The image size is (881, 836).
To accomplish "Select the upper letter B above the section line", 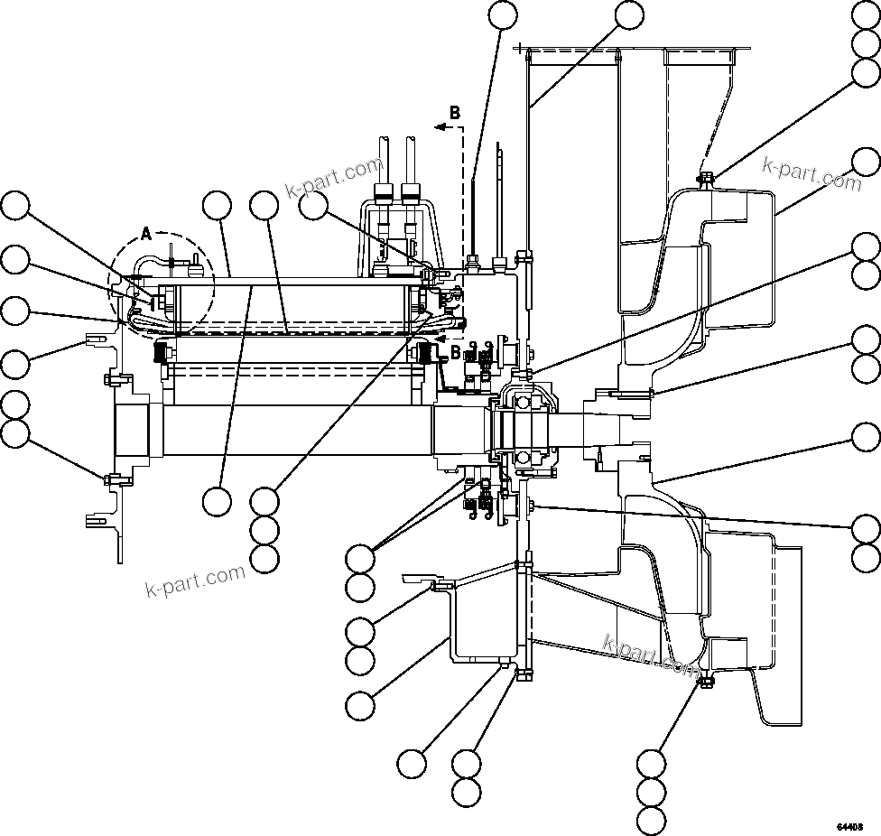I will point(455,113).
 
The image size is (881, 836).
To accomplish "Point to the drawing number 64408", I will point(849,826).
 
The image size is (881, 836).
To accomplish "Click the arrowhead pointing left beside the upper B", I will point(440,128).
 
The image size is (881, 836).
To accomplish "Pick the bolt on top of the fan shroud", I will point(705,178).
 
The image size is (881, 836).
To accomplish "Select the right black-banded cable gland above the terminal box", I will point(411,191).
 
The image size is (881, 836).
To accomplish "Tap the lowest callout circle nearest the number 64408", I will point(651,822).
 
